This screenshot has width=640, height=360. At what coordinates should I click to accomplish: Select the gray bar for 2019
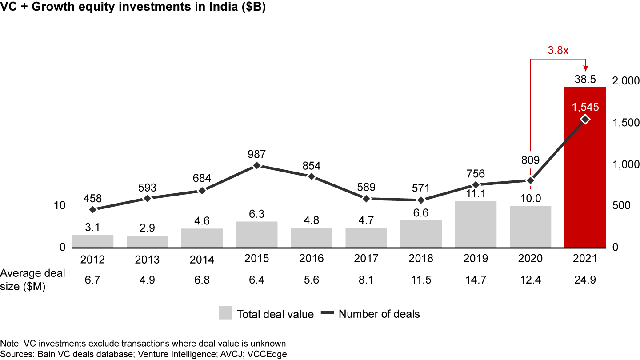pyautogui.click(x=476, y=224)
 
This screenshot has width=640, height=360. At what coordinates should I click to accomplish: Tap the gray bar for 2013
pyautogui.click(x=148, y=241)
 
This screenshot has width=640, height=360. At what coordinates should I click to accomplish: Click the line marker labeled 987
pyautogui.click(x=257, y=166)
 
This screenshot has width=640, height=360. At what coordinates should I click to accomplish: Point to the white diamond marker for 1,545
pyautogui.click(x=585, y=119)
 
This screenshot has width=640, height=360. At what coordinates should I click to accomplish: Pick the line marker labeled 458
pyautogui.click(x=92, y=209)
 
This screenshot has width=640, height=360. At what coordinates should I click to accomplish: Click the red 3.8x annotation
pyautogui.click(x=558, y=50)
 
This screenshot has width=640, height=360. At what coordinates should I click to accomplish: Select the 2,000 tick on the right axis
pyautogui.click(x=625, y=81)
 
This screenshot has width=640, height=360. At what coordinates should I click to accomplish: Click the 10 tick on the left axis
pyautogui.click(x=59, y=205)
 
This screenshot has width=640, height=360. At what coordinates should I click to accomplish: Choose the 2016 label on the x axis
pyautogui.click(x=312, y=259)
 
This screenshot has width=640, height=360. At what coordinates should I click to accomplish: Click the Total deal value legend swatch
pyautogui.click(x=225, y=313)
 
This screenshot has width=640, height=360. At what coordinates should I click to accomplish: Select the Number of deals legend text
pyautogui.click(x=379, y=314)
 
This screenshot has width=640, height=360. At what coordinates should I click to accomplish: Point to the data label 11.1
pyautogui.click(x=476, y=193)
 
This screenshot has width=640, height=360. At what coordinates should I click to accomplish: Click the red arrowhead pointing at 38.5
pyautogui.click(x=585, y=68)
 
